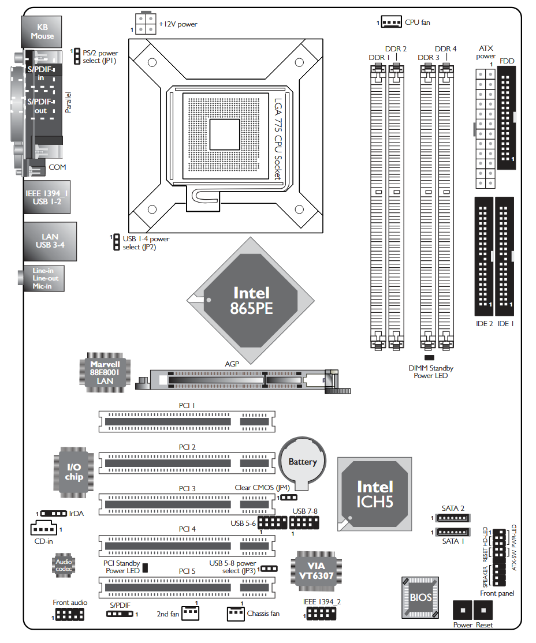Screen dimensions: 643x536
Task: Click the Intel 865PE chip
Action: [251, 300]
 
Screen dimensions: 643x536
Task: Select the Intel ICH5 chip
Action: [375, 494]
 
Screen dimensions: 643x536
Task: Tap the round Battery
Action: [303, 462]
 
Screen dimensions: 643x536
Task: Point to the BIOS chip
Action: [420, 597]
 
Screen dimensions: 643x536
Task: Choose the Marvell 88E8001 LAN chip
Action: [105, 372]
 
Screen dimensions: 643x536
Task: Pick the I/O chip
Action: [75, 472]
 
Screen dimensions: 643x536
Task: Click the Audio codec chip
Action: [64, 565]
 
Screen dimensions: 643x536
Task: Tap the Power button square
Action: [463, 610]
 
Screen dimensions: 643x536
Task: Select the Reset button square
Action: [483, 610]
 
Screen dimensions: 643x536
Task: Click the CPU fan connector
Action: [392, 23]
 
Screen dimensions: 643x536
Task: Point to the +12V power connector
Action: [144, 24]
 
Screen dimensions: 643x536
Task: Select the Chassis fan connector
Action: [236, 612]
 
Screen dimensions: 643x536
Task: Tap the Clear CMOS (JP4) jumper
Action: [289, 497]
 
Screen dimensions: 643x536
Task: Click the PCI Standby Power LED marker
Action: [146, 567]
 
